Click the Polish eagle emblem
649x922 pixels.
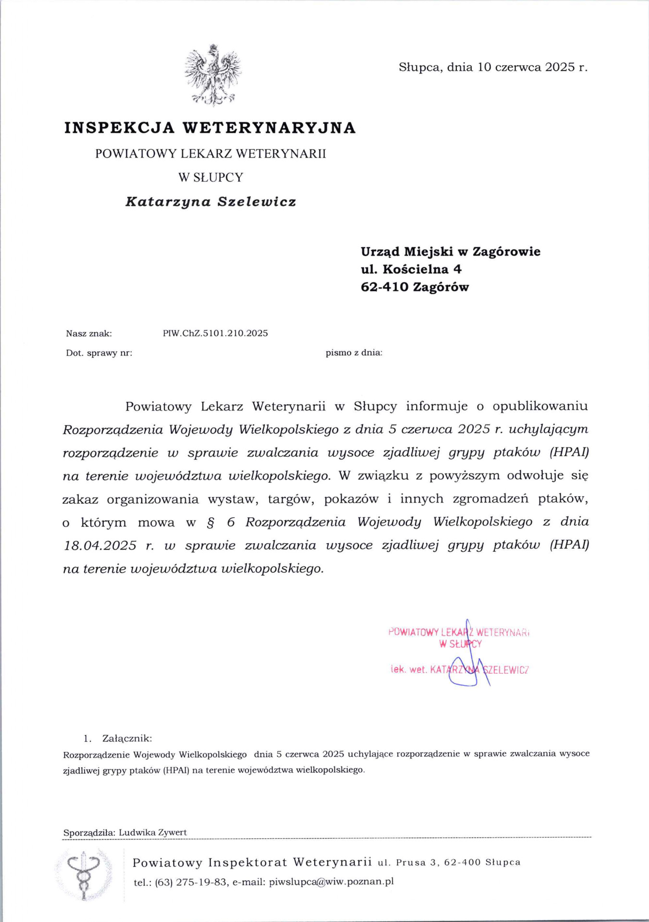click(x=213, y=75)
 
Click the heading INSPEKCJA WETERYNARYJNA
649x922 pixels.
click(x=210, y=128)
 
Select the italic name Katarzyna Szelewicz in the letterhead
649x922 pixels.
click(x=210, y=202)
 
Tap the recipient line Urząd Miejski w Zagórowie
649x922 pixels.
click(x=451, y=252)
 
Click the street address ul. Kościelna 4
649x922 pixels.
click(x=411, y=269)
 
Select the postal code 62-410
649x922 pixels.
click(x=384, y=287)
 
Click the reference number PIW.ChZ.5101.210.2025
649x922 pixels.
click(x=215, y=333)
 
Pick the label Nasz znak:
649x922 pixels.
click(x=89, y=333)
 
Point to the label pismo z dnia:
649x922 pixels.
click(x=354, y=353)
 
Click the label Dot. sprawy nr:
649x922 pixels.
click(x=99, y=353)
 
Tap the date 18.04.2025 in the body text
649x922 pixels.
click(x=100, y=546)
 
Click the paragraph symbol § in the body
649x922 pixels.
click(x=210, y=522)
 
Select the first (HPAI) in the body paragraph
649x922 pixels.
click(x=569, y=452)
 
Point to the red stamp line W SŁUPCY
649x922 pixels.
click(x=460, y=644)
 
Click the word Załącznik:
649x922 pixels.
click(x=127, y=739)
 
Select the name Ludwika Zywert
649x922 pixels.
click(x=153, y=832)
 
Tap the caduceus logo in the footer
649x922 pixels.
click(x=84, y=874)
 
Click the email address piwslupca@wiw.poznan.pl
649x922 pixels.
click(x=331, y=882)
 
